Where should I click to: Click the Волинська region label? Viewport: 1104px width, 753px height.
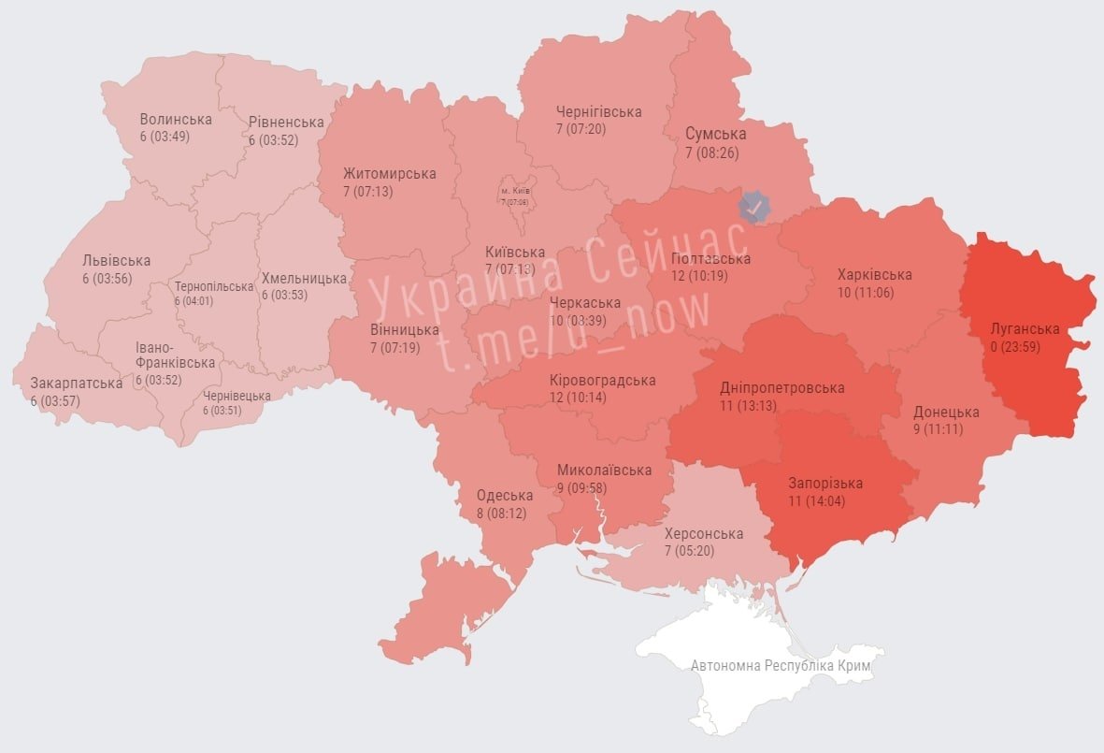(x=176, y=119)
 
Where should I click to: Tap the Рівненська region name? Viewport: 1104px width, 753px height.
(x=286, y=123)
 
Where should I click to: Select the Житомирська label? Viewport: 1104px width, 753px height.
(x=389, y=174)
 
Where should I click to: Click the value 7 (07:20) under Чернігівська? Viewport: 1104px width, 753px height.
(x=581, y=129)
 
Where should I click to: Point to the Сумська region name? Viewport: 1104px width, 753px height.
(x=715, y=135)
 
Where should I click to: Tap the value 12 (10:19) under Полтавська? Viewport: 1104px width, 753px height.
(x=693, y=276)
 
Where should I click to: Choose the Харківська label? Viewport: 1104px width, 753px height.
(x=874, y=275)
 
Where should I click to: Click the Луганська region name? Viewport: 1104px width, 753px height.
(x=1025, y=329)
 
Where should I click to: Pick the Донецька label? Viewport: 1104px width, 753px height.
(x=946, y=413)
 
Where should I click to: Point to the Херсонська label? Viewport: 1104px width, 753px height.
(x=703, y=534)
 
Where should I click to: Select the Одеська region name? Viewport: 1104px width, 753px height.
(x=505, y=496)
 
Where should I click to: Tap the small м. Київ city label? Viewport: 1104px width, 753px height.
(x=514, y=191)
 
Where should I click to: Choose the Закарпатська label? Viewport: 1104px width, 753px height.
(x=77, y=384)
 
